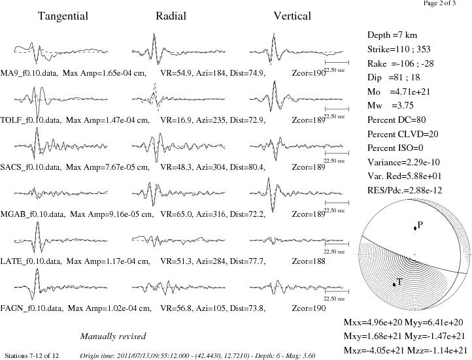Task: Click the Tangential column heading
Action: pos(63,16)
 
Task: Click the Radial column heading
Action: pos(171,16)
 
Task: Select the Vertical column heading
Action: pos(292,16)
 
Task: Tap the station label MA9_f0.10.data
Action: pos(29,73)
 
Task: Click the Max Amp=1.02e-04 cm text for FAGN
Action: pos(110,308)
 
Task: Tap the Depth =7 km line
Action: pos(392,35)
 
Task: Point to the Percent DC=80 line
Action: pos(396,120)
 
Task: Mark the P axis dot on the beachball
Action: pos(415,228)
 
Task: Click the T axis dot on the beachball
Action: pos(394,284)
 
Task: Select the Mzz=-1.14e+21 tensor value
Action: pos(437,351)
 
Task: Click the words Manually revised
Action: pos(113,336)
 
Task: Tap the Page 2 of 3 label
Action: pos(439,3)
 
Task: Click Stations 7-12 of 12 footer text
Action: pos(31,356)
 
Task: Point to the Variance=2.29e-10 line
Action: pos(403,163)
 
